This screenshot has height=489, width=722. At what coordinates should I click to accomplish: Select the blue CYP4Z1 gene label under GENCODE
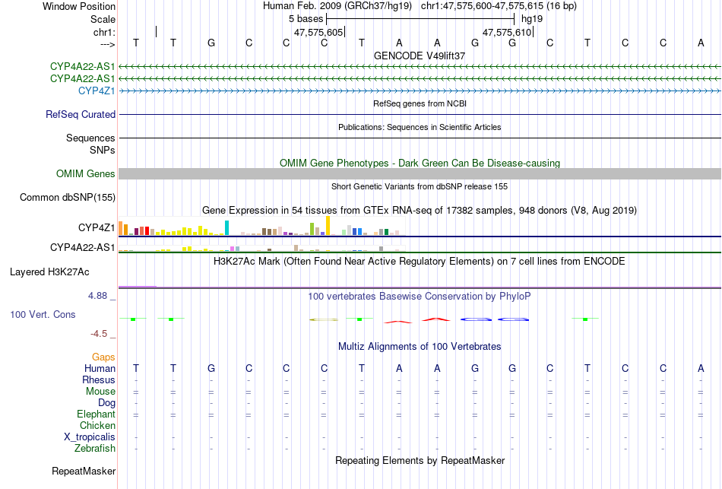coord(97,90)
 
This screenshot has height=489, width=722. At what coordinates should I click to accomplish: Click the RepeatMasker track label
coord(84,472)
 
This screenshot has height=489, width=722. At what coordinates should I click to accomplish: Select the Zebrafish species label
coord(94,449)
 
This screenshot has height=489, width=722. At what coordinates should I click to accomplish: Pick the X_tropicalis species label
coord(90,437)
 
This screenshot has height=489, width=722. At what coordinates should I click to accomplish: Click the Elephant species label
coord(96,414)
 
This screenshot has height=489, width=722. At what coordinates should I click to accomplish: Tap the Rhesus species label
coord(99,380)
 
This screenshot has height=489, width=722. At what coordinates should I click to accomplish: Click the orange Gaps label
coord(103,357)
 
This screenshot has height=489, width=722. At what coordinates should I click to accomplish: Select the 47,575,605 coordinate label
coord(318,32)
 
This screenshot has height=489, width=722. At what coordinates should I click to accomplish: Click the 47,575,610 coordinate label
coord(507,32)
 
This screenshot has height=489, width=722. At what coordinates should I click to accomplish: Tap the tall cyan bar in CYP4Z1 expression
coord(226,227)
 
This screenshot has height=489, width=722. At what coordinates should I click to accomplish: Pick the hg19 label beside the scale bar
coord(531,18)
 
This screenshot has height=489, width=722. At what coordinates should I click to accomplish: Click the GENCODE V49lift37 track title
coord(420,56)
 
